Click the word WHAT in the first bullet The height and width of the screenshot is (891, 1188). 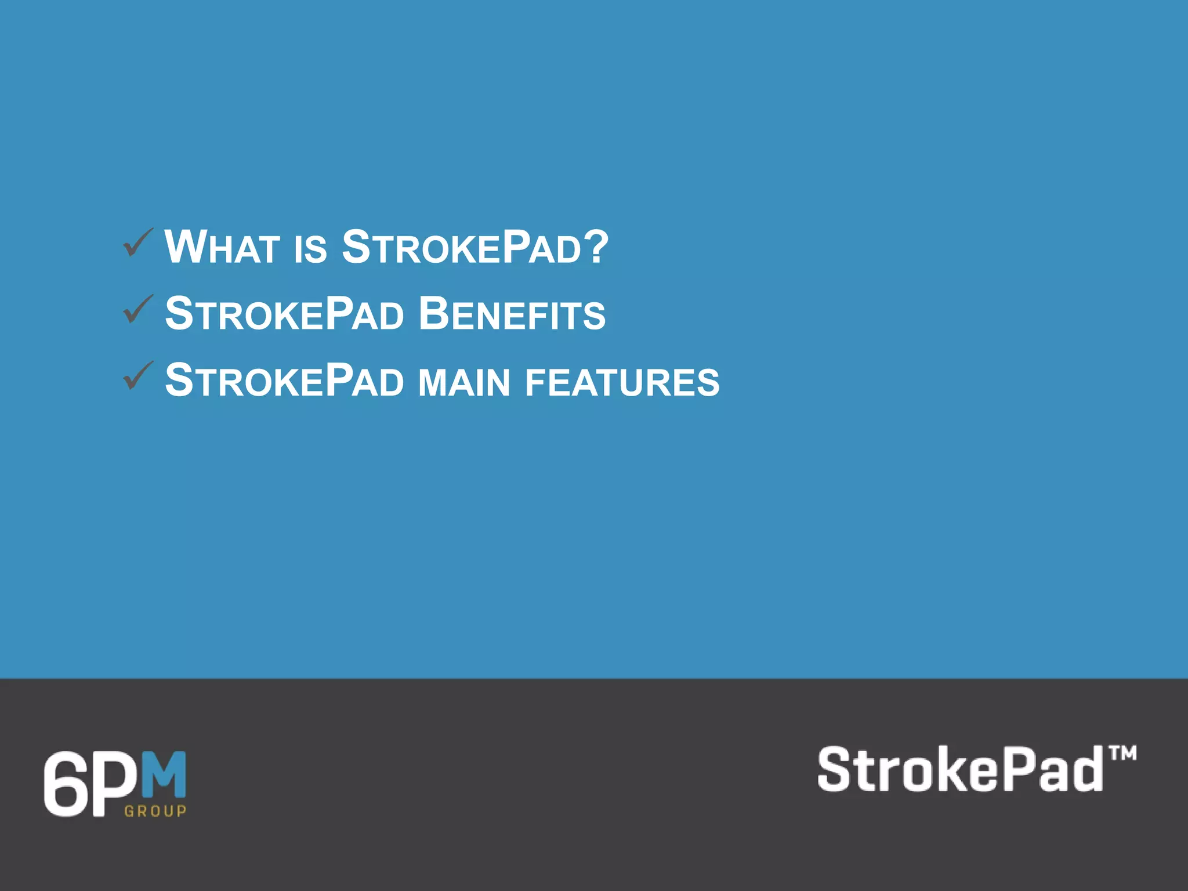pos(222,248)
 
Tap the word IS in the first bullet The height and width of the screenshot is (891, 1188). pos(310,249)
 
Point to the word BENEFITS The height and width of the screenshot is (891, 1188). pos(512,314)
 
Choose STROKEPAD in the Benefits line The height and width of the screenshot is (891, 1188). pos(284,314)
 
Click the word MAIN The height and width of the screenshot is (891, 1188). pos(464,382)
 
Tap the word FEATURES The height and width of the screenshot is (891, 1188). pos(622,382)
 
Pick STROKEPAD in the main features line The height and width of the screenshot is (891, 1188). pos(284,381)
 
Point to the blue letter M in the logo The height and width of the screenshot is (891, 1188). pos(164,775)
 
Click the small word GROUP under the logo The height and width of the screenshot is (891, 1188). pos(155,811)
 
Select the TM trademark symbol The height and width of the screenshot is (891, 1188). pos(1122,754)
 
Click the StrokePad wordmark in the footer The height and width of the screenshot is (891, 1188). pos(960,770)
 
